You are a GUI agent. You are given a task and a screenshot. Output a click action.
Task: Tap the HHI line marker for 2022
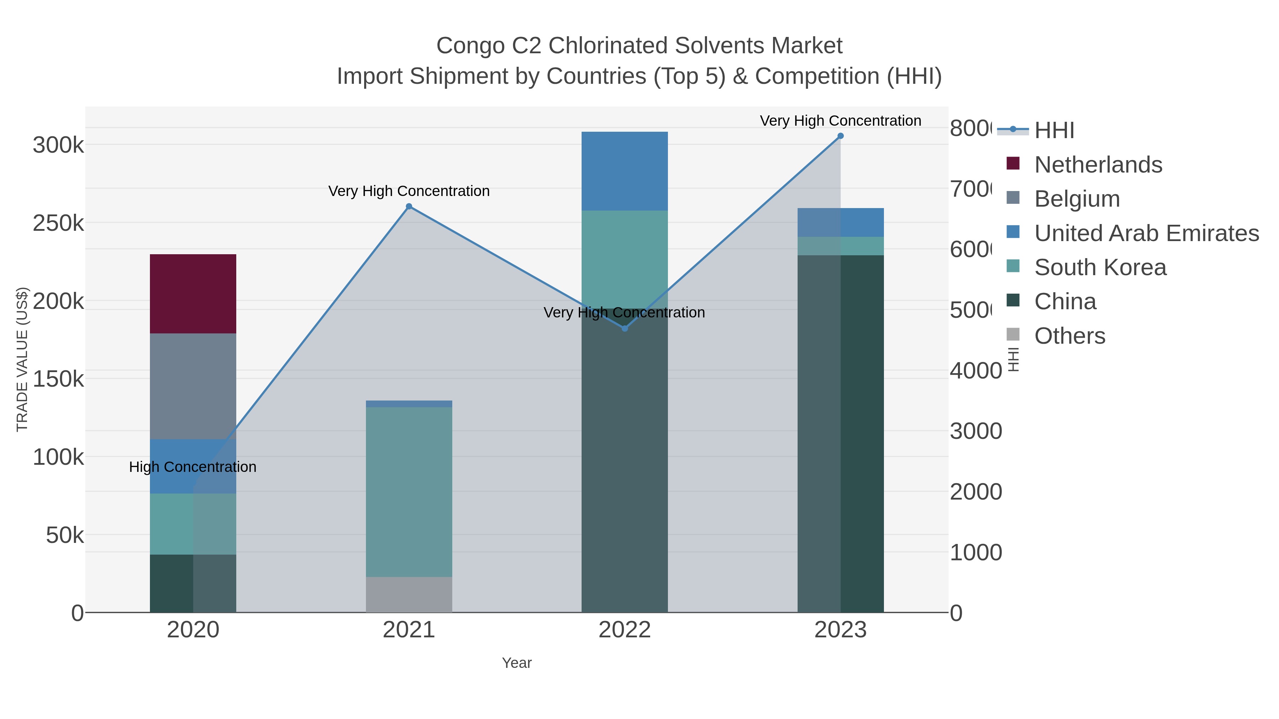tap(625, 328)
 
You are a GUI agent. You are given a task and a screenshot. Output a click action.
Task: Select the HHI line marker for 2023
tap(840, 136)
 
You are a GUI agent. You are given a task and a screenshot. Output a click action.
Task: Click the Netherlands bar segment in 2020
tap(193, 294)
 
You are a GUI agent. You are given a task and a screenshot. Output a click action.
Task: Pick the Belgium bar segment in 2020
tap(193, 386)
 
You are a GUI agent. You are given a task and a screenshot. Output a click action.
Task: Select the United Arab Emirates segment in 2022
tap(624, 171)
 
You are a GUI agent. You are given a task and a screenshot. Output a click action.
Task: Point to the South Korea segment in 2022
tap(624, 258)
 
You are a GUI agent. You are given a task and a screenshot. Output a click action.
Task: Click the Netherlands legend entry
tap(1098, 165)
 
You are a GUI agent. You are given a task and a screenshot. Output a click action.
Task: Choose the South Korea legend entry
tap(1100, 267)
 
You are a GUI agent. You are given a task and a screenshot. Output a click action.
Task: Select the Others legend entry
tap(1069, 336)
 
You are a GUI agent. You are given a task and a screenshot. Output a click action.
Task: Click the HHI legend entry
tap(1054, 131)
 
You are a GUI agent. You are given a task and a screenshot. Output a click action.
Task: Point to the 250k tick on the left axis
tap(59, 223)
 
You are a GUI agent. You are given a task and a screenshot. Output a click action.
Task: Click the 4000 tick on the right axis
tap(976, 371)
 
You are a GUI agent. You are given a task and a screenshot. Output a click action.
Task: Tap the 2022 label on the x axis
tap(624, 630)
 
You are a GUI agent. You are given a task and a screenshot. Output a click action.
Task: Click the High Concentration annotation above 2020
tap(193, 467)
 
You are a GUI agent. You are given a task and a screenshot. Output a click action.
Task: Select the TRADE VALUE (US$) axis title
tap(22, 359)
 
